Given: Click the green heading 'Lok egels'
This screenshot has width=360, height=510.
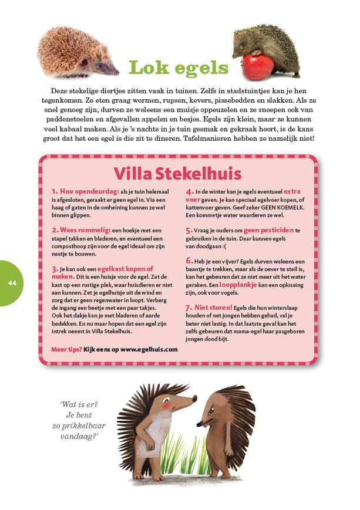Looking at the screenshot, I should coord(179,67).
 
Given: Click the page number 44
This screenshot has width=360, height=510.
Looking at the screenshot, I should coord(12,282).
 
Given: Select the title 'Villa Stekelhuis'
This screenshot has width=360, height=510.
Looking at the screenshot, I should coord(177,174).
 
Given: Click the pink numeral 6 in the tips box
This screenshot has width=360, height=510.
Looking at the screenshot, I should coord(189,260).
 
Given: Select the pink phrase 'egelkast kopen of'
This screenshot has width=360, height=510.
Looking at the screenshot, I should coord(126,268).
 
